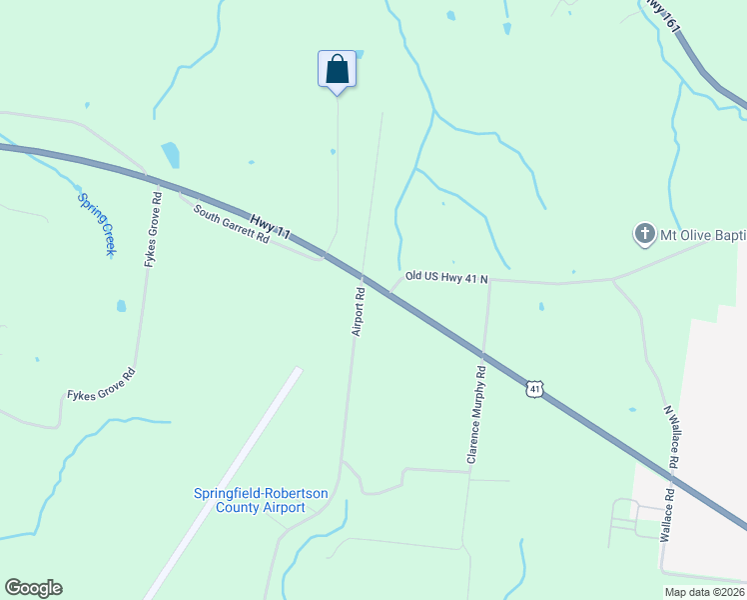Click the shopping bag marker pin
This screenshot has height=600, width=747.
pyautogui.click(x=337, y=70)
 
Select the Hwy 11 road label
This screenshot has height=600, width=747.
pyautogui.click(x=270, y=227)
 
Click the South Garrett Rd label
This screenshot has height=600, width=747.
pyautogui.click(x=232, y=225)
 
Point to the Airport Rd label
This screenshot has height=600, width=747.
pyautogui.click(x=359, y=312)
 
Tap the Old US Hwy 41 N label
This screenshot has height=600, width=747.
pyautogui.click(x=446, y=277)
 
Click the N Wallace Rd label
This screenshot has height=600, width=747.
pyautogui.click(x=672, y=438)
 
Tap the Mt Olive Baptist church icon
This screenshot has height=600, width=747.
pyautogui.click(x=644, y=236)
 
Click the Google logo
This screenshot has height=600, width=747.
pyautogui.click(x=33, y=588)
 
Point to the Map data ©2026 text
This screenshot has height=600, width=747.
pyautogui.click(x=703, y=592)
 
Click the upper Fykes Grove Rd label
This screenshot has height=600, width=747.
pyautogui.click(x=152, y=228)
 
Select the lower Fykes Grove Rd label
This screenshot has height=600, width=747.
pyautogui.click(x=101, y=385)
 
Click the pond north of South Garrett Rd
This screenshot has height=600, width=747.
pyautogui.click(x=171, y=154)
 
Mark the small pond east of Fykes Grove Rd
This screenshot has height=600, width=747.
pyautogui.click(x=121, y=306)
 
